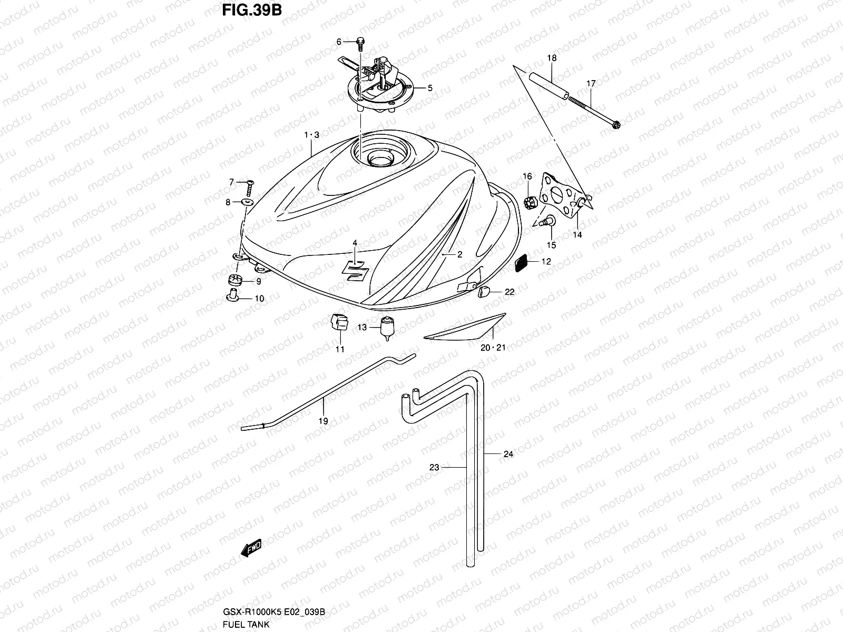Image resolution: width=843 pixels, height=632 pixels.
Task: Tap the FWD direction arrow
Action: pyautogui.click(x=251, y=550)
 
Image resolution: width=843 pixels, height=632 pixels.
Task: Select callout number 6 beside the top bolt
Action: pyautogui.click(x=339, y=42)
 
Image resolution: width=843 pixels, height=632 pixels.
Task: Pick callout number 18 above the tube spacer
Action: pyautogui.click(x=551, y=58)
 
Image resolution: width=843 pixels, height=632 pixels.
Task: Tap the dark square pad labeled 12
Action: pyautogui.click(x=522, y=262)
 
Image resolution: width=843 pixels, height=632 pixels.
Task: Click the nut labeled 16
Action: pyautogui.click(x=528, y=201)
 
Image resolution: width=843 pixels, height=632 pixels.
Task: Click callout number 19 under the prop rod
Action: pyautogui.click(x=324, y=421)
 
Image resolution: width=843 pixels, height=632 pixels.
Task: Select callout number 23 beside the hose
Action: pyautogui.click(x=434, y=467)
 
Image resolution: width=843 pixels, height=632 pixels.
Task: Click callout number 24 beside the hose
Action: pyautogui.click(x=508, y=453)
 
